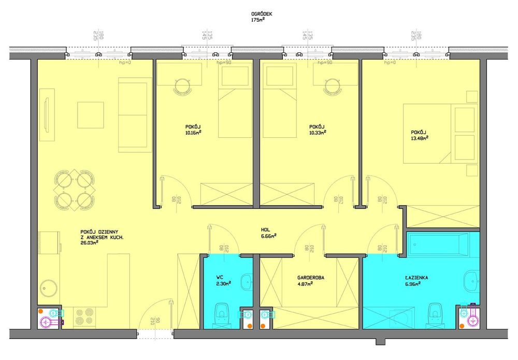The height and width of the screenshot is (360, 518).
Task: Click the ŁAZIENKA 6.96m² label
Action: click(x=417, y=280)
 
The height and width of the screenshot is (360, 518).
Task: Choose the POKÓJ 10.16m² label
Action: click(x=193, y=129)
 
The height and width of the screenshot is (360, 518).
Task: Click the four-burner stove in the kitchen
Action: click(x=85, y=316)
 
